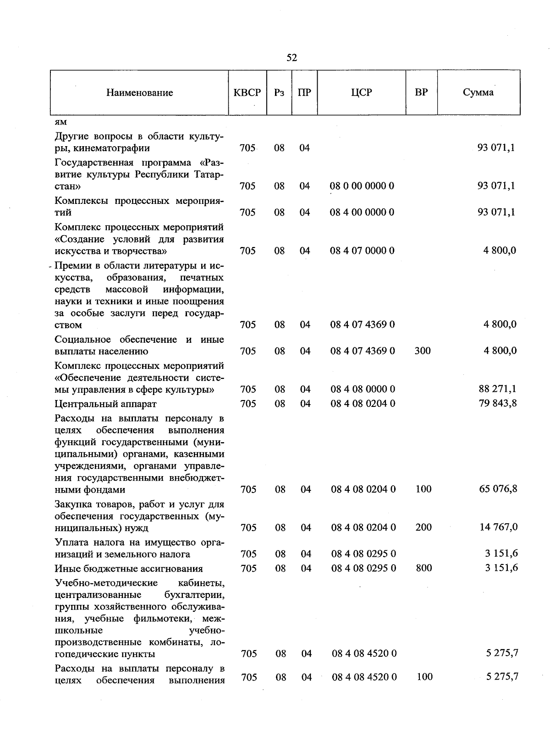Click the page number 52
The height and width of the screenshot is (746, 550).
(291, 57)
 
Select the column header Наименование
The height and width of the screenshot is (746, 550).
(140, 93)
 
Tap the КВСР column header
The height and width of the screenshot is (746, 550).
(247, 93)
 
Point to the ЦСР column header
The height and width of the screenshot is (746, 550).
(362, 93)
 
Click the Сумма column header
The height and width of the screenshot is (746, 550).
(478, 93)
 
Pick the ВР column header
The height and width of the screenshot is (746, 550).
(421, 93)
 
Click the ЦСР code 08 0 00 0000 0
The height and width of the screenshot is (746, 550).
(362, 186)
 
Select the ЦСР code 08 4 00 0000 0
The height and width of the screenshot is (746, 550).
(362, 213)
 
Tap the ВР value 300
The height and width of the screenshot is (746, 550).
(422, 351)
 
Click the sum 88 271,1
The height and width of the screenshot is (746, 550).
(497, 389)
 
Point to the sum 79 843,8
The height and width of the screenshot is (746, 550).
(498, 403)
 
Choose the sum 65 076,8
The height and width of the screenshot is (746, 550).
(498, 489)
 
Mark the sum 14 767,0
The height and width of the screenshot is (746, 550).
(499, 527)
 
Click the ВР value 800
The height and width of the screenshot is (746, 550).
(423, 568)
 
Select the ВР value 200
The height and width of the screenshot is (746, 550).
(423, 527)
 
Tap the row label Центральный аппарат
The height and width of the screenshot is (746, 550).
(105, 404)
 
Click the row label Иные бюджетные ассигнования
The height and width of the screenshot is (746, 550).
(129, 569)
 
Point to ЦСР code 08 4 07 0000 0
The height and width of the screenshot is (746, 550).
(362, 251)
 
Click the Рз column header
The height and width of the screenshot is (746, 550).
(279, 93)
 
